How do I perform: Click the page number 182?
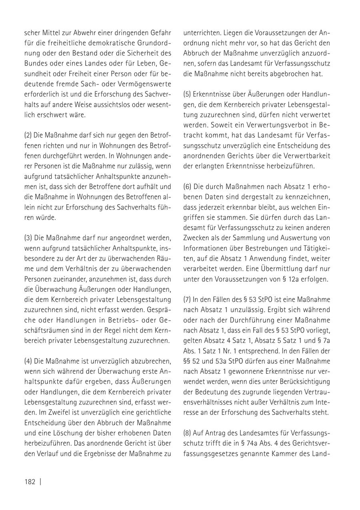30,482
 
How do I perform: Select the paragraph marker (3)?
28,237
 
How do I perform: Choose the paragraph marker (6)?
187,186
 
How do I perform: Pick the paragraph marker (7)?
187,299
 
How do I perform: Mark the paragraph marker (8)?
187,433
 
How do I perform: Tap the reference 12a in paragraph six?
290,279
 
